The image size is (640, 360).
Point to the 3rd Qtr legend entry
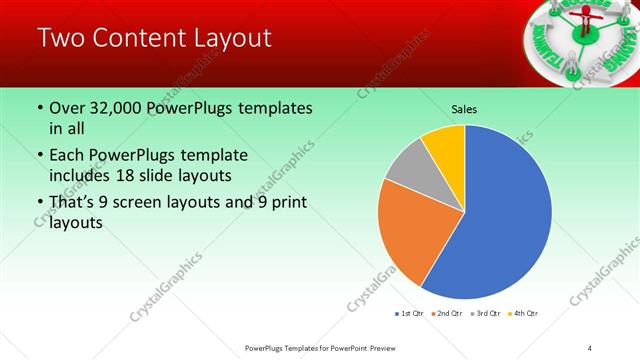tap(483, 314)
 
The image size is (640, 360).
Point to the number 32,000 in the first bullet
tap(118, 107)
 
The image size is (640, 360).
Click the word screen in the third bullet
tap(147, 204)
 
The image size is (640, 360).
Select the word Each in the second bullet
tap(67, 156)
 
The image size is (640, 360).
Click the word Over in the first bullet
tap(68, 107)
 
